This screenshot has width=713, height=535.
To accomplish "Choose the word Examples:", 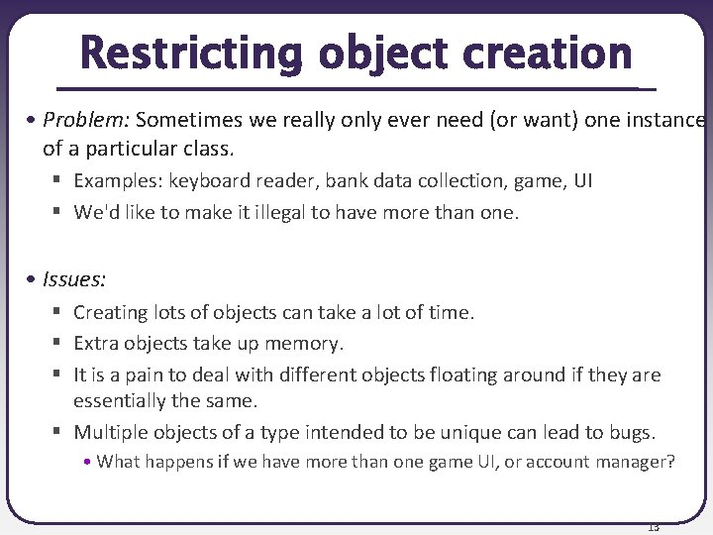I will (x=118, y=180).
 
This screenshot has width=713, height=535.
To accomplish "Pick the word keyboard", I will (x=206, y=180).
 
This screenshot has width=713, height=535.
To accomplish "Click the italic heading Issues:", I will (x=74, y=279).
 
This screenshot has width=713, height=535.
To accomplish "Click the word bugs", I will (x=633, y=432).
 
